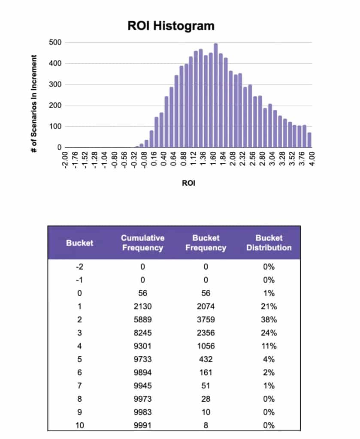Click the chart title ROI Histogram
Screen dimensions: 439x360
(171, 26)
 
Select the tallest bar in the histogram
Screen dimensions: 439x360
(216, 96)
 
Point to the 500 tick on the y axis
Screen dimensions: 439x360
(57, 42)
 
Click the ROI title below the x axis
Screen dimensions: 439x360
(188, 183)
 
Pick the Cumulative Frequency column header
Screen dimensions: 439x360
(142, 243)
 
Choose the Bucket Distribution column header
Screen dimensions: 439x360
(269, 243)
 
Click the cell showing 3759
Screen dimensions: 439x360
(206, 320)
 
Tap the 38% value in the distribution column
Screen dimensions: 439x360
(269, 320)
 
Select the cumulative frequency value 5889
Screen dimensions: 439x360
(142, 320)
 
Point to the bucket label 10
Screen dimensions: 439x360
(79, 425)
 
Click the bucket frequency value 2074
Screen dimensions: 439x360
(206, 307)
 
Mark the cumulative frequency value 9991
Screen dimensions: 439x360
(142, 425)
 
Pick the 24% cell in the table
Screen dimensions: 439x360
(269, 333)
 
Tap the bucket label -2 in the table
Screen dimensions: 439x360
(79, 267)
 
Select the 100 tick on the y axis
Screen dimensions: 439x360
(57, 127)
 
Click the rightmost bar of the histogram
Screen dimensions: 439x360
(309, 140)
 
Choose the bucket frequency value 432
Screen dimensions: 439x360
(206, 359)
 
